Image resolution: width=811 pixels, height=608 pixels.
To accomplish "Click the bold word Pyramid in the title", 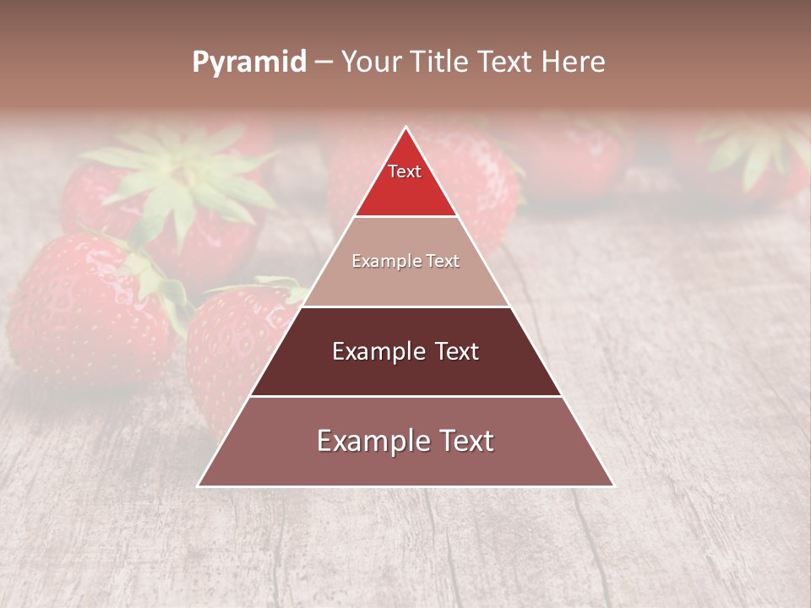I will point(248,62).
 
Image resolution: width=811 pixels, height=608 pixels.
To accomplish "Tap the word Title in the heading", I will point(444,62).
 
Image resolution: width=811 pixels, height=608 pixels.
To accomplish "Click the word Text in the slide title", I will point(509,62).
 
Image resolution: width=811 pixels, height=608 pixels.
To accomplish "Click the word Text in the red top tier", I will point(405,171).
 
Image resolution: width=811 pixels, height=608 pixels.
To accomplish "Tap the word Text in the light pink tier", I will point(443,262).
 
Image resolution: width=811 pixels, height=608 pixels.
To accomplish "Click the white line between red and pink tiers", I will point(405,217).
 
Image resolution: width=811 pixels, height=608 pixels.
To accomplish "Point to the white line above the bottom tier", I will point(405,396).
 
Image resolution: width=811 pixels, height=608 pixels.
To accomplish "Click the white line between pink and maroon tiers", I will point(405,307).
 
